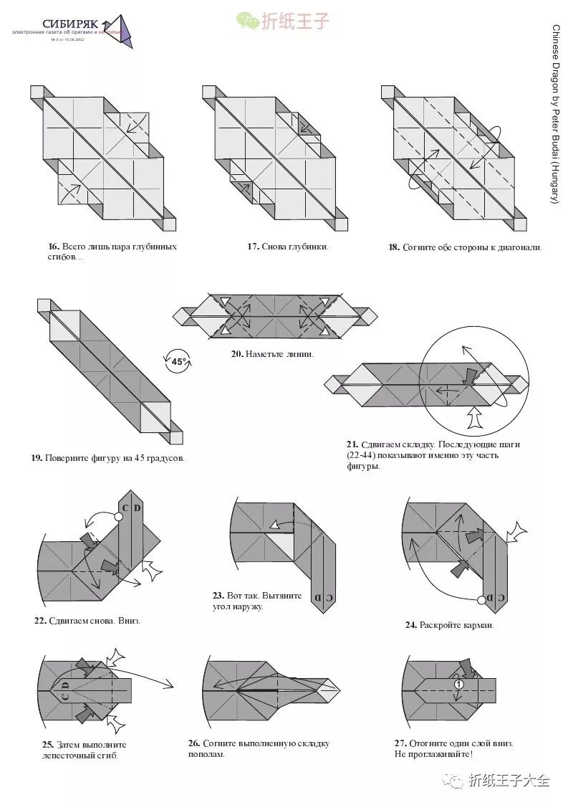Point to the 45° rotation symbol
tap(178, 362)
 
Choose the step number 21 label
tap(351, 444)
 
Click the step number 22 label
tap(40, 621)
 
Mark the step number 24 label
tap(410, 625)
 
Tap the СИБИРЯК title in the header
tap(71, 24)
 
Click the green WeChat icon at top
tap(248, 22)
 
